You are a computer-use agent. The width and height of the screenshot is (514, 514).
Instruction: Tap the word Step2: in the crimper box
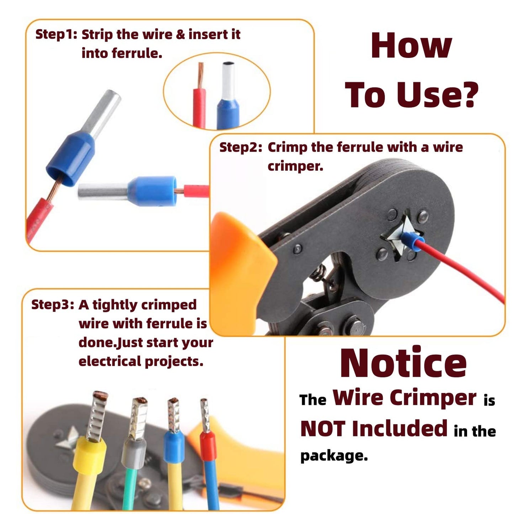coord(240,147)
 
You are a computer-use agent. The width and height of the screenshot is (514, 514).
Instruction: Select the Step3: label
coord(52,304)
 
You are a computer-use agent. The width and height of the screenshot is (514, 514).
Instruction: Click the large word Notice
coord(403,363)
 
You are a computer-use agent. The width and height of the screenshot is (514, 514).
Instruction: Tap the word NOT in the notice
coord(323,429)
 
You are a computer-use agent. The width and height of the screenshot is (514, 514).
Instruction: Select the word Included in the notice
coord(399,429)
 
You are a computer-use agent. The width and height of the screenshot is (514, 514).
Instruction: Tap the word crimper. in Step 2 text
coord(295,166)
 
